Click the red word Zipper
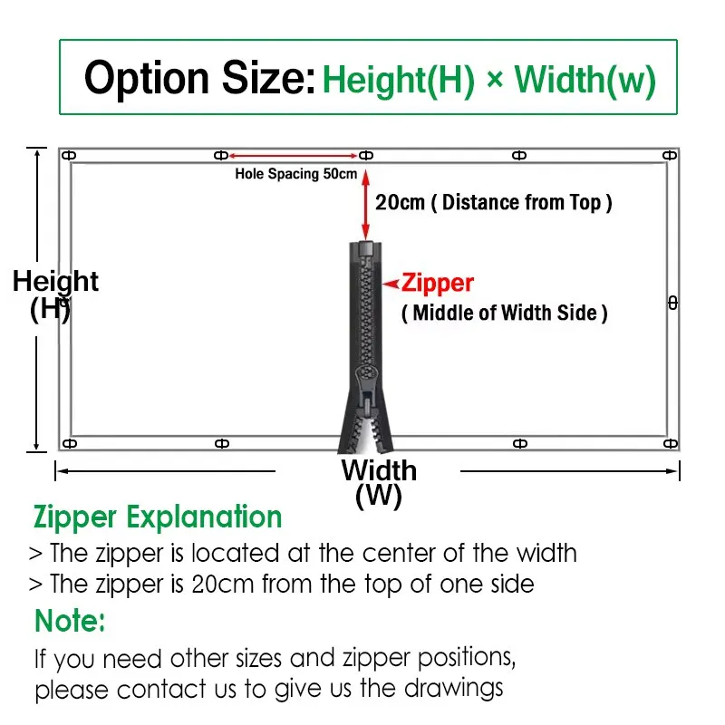click(438, 283)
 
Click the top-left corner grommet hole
click(69, 155)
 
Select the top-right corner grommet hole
click(670, 155)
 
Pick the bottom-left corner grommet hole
click(70, 444)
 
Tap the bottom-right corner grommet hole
click(671, 444)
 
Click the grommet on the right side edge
click(673, 304)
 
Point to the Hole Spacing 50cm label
click(296, 174)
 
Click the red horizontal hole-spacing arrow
click(293, 156)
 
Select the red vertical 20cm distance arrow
click(366, 205)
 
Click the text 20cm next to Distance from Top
click(400, 202)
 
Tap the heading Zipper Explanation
click(158, 517)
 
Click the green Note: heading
click(70, 621)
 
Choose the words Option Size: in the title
click(199, 77)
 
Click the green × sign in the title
click(494, 79)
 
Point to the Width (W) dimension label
click(379, 483)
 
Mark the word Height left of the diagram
click(55, 282)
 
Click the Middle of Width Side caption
click(505, 313)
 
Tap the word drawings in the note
click(454, 689)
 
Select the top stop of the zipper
click(366, 247)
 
